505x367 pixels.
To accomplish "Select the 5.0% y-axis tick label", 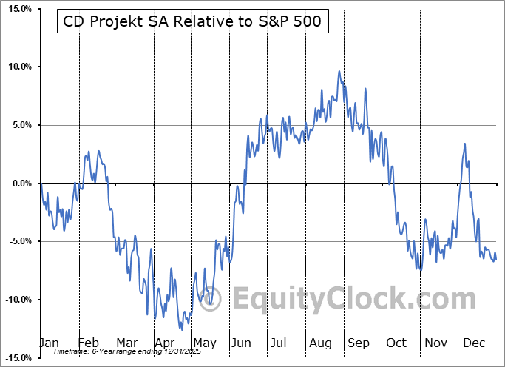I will pyautogui.click(x=19, y=125).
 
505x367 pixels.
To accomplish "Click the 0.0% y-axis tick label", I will pyautogui.click(x=19, y=183).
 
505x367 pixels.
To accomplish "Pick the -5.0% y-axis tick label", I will pyautogui.click(x=18, y=241).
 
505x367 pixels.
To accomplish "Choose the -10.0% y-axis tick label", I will pyautogui.click(x=16, y=300).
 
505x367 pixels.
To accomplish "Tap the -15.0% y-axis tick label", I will pyautogui.click(x=16, y=358).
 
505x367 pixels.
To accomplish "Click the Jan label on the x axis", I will pyautogui.click(x=48, y=343).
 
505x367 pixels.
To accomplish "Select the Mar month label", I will pyautogui.click(x=126, y=343).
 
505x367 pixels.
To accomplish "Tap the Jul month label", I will pyautogui.click(x=279, y=343).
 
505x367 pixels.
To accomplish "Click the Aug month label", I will pyautogui.click(x=319, y=343).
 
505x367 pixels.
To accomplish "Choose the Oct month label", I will pyautogui.click(x=396, y=343).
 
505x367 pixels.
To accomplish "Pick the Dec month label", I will pyautogui.click(x=474, y=343).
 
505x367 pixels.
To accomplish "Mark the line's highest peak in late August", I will pyautogui.click(x=339, y=71).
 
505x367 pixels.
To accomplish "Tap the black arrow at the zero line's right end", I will pyautogui.click(x=500, y=183).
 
